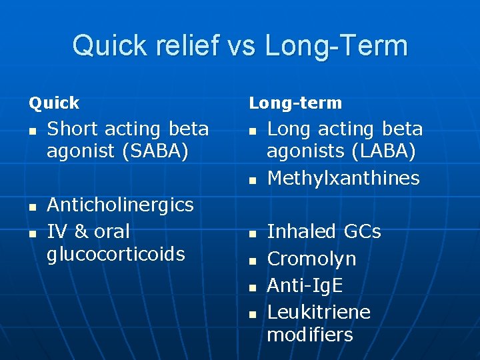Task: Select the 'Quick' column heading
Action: point(53,103)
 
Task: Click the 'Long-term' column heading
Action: point(295,103)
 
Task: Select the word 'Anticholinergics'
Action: point(120,205)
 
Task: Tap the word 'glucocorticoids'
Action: point(115,254)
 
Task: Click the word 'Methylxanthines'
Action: point(343,178)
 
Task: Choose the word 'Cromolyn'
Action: point(311,259)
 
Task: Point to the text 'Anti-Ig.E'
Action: point(305,285)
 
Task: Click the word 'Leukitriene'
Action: point(319,312)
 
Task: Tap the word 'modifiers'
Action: point(310,334)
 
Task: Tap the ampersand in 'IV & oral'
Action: point(80,232)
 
